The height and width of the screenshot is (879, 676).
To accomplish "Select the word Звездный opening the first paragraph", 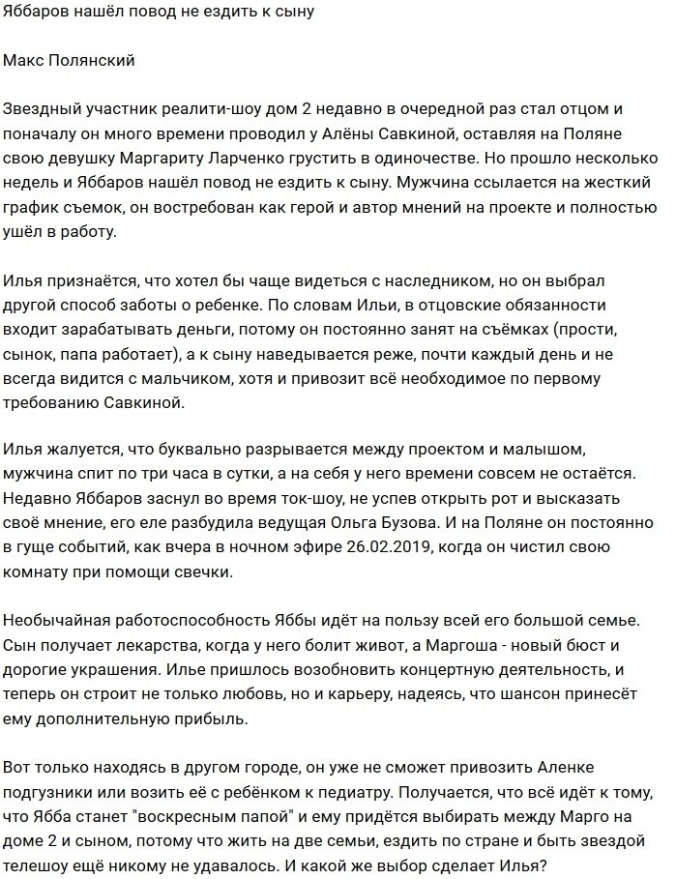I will pyautogui.click(x=42, y=109).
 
